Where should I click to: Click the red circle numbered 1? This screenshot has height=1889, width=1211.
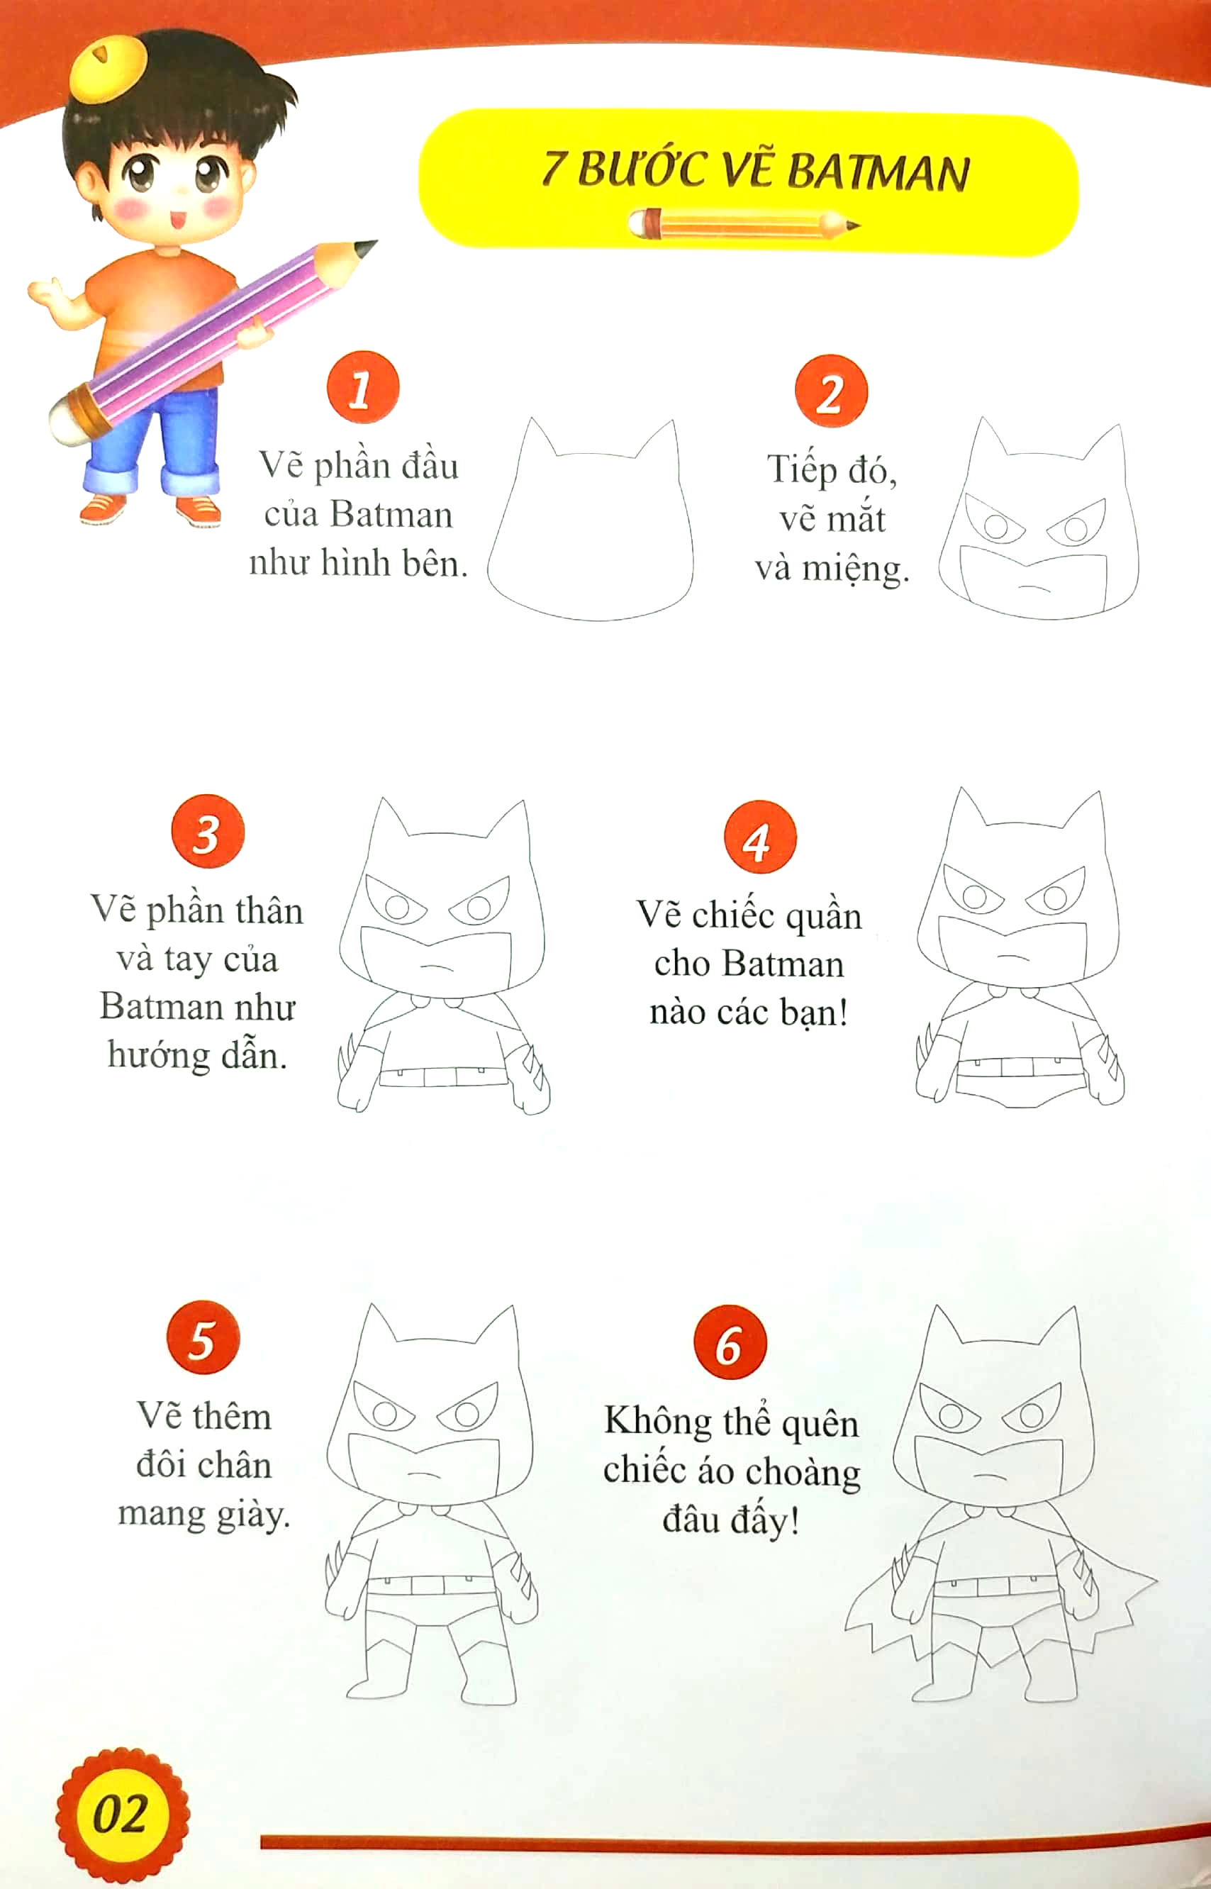click(x=363, y=387)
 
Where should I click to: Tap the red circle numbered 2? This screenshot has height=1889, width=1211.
click(x=831, y=391)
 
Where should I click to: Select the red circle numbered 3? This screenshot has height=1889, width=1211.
click(x=208, y=831)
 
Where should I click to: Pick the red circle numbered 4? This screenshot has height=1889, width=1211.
click(x=759, y=837)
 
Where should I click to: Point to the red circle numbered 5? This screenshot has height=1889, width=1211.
click(x=203, y=1337)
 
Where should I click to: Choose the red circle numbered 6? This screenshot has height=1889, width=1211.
click(x=730, y=1342)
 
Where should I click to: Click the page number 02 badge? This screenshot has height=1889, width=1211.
click(x=121, y=1814)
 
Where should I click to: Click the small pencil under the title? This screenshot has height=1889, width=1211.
click(x=743, y=224)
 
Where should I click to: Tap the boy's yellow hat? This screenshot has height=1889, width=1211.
click(x=107, y=69)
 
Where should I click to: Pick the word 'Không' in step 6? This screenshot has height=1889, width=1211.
click(x=657, y=1422)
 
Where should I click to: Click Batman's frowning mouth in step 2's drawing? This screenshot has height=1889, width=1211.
click(x=1034, y=586)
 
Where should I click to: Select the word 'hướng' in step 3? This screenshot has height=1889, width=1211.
click(x=158, y=1055)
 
